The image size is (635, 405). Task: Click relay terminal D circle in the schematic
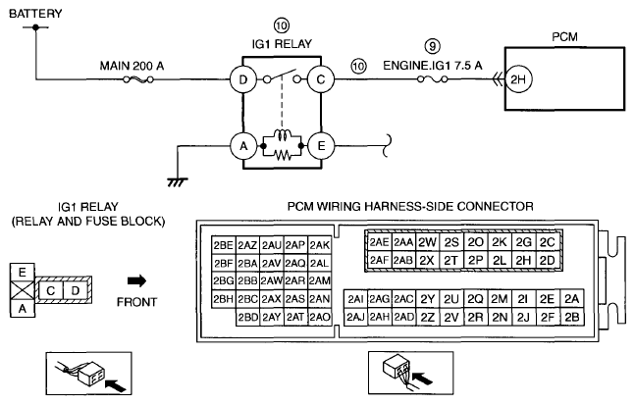click(x=243, y=79)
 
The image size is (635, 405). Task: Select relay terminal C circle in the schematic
click(x=321, y=79)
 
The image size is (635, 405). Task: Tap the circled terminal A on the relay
click(x=243, y=146)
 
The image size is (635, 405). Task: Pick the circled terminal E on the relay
click(x=321, y=146)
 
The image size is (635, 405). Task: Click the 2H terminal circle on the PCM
click(x=518, y=79)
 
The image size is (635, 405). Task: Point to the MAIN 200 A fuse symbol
click(x=138, y=79)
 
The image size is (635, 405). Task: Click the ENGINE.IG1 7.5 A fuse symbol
click(x=433, y=79)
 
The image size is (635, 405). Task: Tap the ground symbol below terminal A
click(x=177, y=182)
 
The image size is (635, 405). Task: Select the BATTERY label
click(x=35, y=14)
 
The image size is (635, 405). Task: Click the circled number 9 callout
click(x=433, y=46)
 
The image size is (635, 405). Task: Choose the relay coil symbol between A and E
click(x=283, y=135)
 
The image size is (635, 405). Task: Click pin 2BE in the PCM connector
click(x=224, y=245)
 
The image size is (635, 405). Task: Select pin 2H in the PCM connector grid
click(x=523, y=260)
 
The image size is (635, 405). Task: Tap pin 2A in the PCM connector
click(x=572, y=298)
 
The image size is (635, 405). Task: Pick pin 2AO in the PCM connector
click(x=320, y=317)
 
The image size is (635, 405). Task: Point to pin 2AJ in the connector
click(x=355, y=317)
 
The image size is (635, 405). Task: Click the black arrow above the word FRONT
click(x=136, y=280)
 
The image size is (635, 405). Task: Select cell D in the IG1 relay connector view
click(x=76, y=290)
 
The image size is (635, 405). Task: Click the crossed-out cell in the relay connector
click(x=23, y=290)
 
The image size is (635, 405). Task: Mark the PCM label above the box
click(x=564, y=37)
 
